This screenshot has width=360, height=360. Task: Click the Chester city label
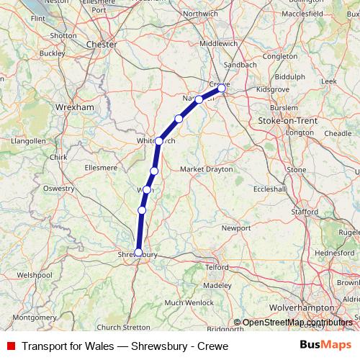coord(101,44)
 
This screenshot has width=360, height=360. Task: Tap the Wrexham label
coord(75,107)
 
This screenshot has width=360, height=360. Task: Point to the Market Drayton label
coord(207,169)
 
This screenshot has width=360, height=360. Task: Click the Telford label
coord(217,267)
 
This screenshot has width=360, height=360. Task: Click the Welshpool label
coord(35,275)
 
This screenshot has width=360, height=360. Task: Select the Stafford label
coord(305,212)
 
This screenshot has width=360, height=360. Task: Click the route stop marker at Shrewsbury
coord(138,252)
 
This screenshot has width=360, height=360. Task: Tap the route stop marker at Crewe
coord(221,89)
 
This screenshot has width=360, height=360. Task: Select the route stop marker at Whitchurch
coord(159,140)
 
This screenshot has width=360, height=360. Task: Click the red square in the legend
coord(10,346)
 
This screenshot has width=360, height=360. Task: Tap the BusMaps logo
coord(325,346)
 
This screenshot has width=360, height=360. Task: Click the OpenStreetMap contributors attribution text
coord(293,323)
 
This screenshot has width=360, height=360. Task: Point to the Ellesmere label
coord(100,167)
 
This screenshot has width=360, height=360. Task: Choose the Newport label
coord(235,228)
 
